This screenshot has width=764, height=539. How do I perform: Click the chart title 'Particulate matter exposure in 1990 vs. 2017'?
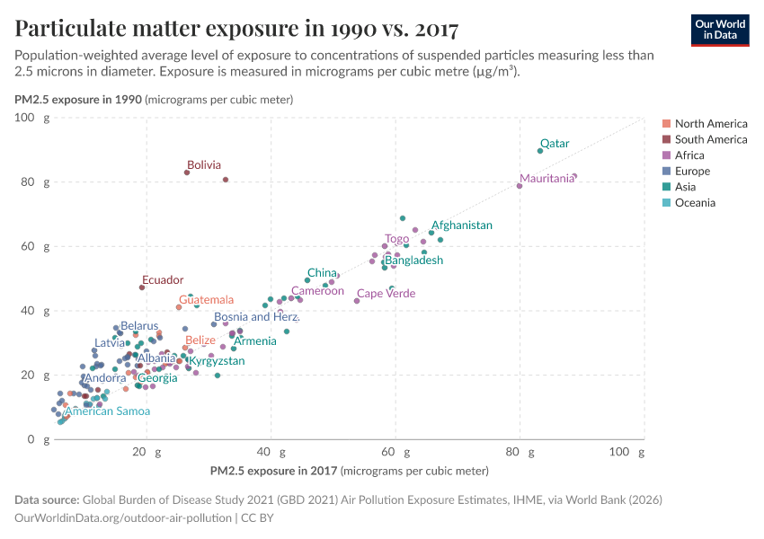(236, 29)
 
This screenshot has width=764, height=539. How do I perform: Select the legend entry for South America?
(710, 139)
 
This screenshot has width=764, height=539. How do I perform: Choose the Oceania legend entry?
(695, 203)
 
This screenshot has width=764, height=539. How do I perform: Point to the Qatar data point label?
(555, 144)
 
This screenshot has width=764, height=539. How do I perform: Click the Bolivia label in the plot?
(204, 165)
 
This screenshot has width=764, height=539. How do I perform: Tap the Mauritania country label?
(546, 179)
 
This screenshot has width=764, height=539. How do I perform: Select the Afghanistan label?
(462, 225)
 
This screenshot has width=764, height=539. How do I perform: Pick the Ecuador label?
(163, 280)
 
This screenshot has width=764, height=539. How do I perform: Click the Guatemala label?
(206, 300)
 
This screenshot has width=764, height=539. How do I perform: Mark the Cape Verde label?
(386, 294)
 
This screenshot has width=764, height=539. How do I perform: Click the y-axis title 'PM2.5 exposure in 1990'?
(78, 100)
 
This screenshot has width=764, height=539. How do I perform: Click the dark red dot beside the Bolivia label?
(187, 172)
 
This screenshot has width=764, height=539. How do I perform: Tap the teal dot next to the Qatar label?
(540, 151)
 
